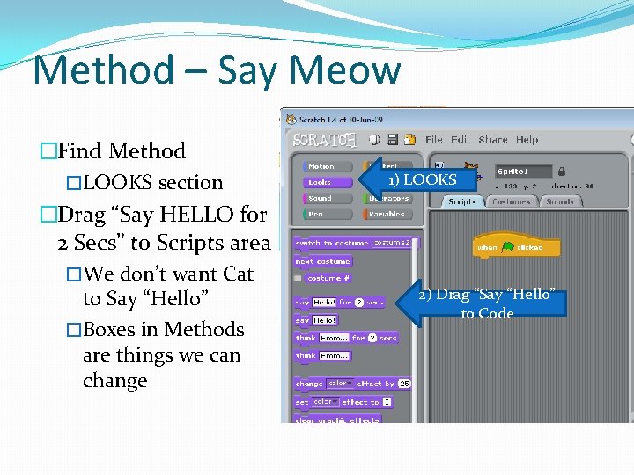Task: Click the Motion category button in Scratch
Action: click(321, 166)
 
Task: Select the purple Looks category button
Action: click(321, 182)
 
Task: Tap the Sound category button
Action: click(321, 198)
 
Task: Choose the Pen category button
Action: click(321, 214)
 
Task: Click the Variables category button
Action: click(387, 214)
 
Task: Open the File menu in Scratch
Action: click(434, 140)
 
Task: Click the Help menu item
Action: click(527, 140)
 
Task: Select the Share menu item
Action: click(493, 140)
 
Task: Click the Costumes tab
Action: click(511, 201)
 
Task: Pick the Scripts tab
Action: click(462, 201)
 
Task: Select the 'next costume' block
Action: click(322, 261)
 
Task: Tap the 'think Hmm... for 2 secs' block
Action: click(345, 338)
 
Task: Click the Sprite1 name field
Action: click(523, 172)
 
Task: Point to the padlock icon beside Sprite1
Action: click(561, 172)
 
